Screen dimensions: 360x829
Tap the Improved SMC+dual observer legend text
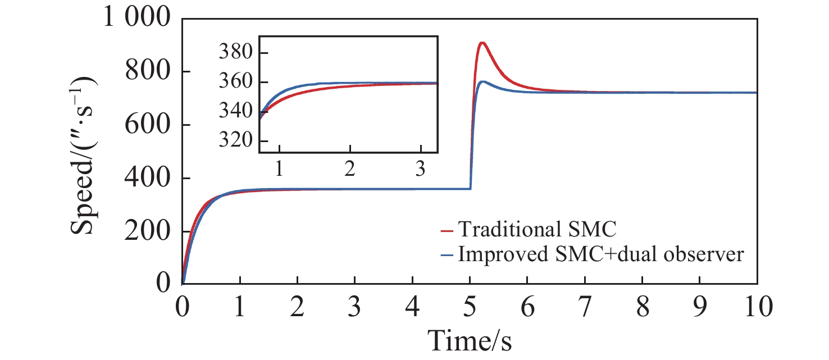pos(601,254)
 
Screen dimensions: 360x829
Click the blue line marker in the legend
pos(447,255)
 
